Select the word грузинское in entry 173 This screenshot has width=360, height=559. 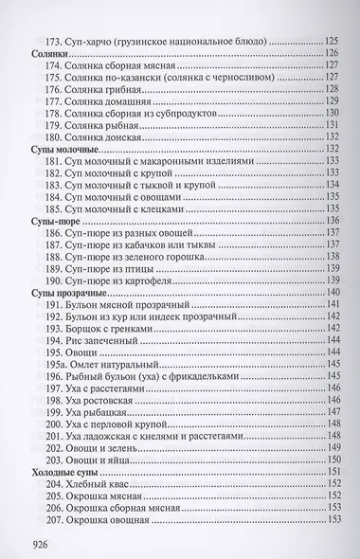click(170, 42)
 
